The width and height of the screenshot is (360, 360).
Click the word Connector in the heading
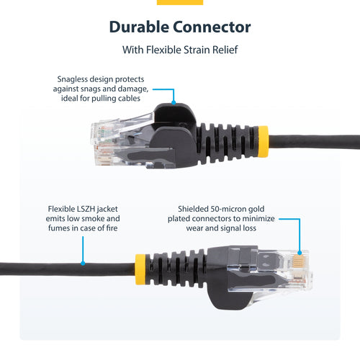pos(212,28)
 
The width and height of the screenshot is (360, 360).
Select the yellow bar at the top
pos(179,2)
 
